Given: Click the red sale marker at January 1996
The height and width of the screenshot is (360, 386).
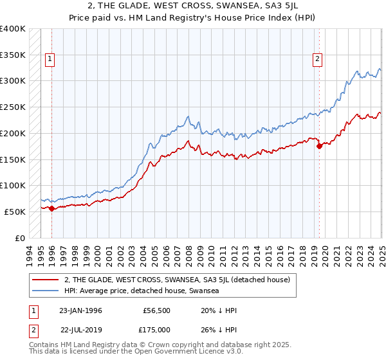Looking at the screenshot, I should [x=51, y=208].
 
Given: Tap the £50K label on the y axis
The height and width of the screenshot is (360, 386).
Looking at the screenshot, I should [x=15, y=212].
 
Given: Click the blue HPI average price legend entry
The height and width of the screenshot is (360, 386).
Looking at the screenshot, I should [x=142, y=291].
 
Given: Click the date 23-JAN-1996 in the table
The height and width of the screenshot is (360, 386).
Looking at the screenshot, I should [x=80, y=310].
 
